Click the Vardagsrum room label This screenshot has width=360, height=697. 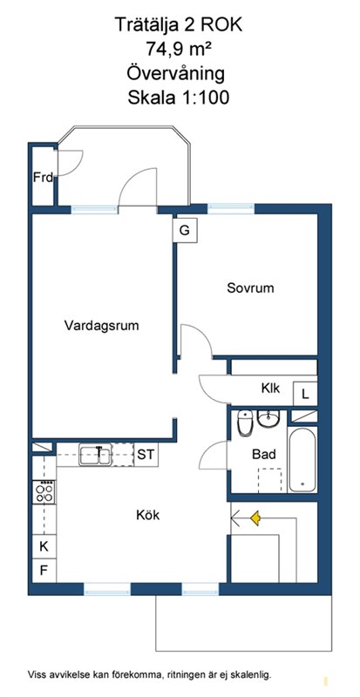point(101,325)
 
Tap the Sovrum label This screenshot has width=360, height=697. point(250,288)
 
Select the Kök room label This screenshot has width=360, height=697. point(147,515)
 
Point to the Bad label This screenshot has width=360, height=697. point(264,454)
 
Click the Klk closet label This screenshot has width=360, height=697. point(270,388)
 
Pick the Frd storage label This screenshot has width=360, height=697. point(44,178)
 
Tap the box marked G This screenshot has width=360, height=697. point(185,230)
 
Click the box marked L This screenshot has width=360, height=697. point(305,394)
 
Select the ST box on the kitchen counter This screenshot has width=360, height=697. point(146,455)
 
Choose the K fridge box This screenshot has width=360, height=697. point(44,546)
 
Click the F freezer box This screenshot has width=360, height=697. point(44,570)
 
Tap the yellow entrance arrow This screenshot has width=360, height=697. point(255,518)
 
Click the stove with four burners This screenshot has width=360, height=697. point(44,492)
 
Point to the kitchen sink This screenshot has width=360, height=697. point(95,455)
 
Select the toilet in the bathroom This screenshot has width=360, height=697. point(245,423)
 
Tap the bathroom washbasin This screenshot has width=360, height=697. point(268,419)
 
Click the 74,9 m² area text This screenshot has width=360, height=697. point(179,47)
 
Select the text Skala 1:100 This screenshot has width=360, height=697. point(179,97)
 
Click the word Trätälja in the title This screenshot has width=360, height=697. point(146,25)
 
